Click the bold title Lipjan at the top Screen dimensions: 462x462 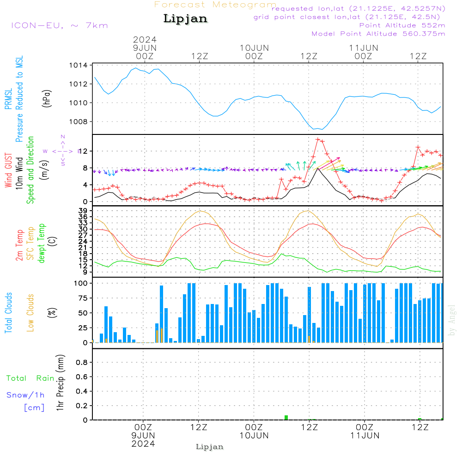coord(185,19)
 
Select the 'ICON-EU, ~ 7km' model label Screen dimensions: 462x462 coord(59,25)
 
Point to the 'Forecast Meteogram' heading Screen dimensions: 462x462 coord(215,5)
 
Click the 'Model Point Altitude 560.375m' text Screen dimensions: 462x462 coord(378,34)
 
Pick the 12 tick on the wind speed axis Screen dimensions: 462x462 coord(86,152)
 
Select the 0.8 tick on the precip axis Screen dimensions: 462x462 coord(82,362)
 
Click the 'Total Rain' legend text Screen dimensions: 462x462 coord(30,378)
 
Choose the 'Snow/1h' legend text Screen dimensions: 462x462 coord(25,395)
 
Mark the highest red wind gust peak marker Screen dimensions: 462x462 coord(318,140)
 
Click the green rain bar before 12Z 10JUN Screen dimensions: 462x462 coord(286,418)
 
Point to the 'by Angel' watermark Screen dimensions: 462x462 coord(452,320)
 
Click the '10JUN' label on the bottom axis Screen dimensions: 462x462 coord(254,436)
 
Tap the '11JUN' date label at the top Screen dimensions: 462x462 coord(364,48)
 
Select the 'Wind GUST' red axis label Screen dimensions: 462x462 coord(8,171)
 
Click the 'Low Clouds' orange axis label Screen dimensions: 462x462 coord(31,312)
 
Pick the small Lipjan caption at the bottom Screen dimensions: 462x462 coord(210,447)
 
